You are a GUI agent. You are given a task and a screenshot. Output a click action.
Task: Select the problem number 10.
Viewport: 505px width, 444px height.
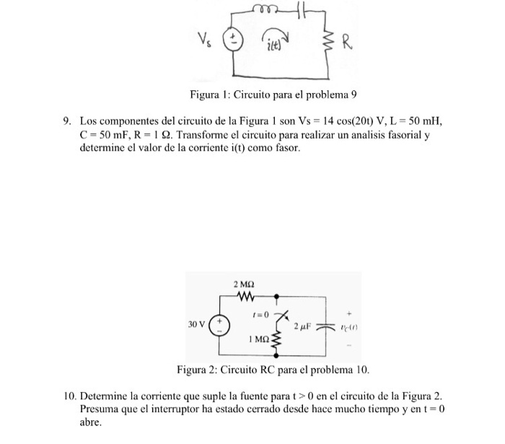pyautogui.click(x=69, y=396)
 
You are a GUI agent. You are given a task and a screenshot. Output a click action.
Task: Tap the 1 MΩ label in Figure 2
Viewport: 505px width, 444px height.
pyautogui.click(x=257, y=338)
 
